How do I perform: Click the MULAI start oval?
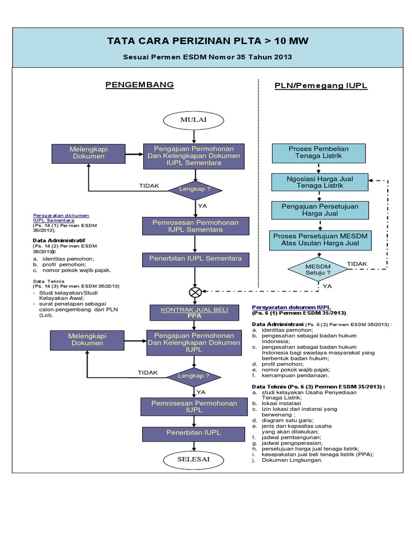point(193,119)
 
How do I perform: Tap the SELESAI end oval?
point(194,460)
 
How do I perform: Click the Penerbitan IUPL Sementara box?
point(196,259)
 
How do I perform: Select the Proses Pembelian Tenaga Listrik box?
point(318,152)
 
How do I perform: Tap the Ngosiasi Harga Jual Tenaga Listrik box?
point(318,182)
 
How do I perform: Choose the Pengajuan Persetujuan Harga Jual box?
point(320,210)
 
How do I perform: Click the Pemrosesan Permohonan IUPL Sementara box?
point(196,226)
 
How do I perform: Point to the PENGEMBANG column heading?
point(139,85)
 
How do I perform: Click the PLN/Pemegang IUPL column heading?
point(321,85)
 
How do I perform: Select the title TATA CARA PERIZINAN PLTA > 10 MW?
point(208,41)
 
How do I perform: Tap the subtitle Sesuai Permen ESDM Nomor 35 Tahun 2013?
point(208,56)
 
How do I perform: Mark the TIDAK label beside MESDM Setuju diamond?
point(357,264)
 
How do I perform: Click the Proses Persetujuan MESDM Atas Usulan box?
point(321,240)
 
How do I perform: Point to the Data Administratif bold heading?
point(59,240)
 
